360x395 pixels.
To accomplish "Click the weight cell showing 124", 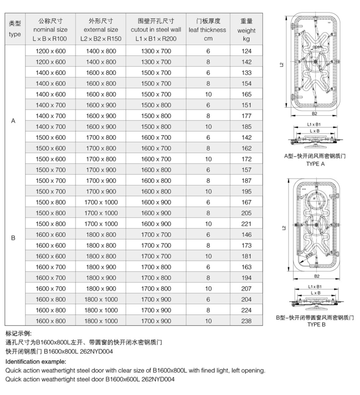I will pyautogui.click(x=247, y=51).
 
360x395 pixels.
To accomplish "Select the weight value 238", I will pyautogui.click(x=247, y=321).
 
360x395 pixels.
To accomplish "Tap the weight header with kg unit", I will pyautogui.click(x=247, y=29).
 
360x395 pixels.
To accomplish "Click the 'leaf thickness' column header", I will pyautogui.click(x=208, y=29).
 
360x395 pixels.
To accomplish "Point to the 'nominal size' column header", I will pyautogui.click(x=50, y=29).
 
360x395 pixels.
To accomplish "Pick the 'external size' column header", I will pyautogui.click(x=101, y=29).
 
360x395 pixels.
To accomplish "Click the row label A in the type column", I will pyautogui.click(x=13, y=121).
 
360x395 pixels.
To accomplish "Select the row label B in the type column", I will pyautogui.click(x=13, y=237).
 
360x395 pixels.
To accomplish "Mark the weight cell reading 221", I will pyautogui.click(x=247, y=224).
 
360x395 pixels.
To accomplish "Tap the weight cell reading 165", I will pyautogui.click(x=247, y=94).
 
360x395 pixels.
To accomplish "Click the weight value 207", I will pyautogui.click(x=247, y=289).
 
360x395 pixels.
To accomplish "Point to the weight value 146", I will pyautogui.click(x=247, y=235).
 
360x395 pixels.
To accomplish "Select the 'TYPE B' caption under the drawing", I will pyautogui.click(x=316, y=325).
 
